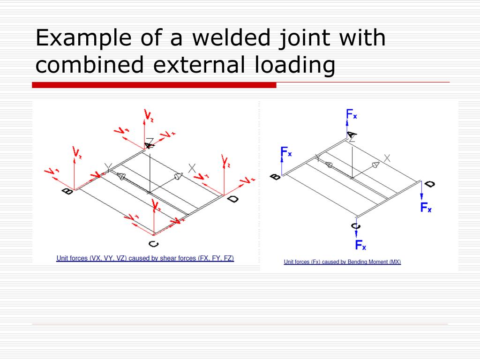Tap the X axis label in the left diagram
coord(192,168)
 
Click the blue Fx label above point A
coord(352,114)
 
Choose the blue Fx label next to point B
coord(286,152)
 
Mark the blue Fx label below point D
coord(426,207)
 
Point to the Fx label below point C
coord(360,245)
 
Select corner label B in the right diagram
coord(276,177)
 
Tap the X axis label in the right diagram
coord(387,158)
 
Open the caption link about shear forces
coord(145,258)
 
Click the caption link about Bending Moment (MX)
coord(342,262)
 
